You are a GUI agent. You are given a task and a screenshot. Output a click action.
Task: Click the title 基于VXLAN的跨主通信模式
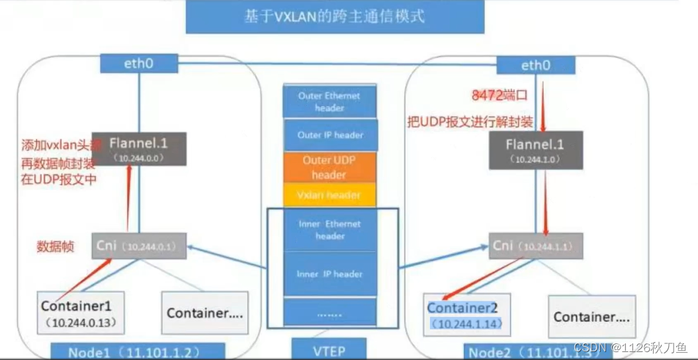pyautogui.click(x=335, y=17)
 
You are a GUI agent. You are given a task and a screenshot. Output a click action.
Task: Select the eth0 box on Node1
pyautogui.click(x=139, y=64)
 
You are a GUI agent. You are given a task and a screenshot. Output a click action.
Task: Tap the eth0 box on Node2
pyautogui.click(x=536, y=65)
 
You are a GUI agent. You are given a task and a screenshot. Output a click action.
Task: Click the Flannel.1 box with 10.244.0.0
pyautogui.click(x=139, y=148)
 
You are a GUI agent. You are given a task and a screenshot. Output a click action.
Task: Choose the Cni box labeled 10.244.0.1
pyautogui.click(x=138, y=246)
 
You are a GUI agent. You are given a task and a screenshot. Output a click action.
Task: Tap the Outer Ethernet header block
pyautogui.click(x=329, y=101)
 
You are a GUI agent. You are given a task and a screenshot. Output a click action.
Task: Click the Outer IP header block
pyautogui.click(x=329, y=135)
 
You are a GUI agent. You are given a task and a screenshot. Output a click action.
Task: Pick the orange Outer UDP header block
pyautogui.click(x=329, y=167)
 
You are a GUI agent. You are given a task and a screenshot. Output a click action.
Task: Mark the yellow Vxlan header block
pyautogui.click(x=329, y=195)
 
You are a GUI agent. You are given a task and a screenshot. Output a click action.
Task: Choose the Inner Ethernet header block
pyautogui.click(x=329, y=230)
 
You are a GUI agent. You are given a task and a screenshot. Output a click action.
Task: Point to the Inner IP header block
pyautogui.click(x=329, y=274)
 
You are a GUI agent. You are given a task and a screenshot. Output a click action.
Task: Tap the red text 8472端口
pyautogui.click(x=499, y=96)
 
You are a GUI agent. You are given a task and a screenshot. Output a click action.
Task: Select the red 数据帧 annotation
pyautogui.click(x=54, y=247)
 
